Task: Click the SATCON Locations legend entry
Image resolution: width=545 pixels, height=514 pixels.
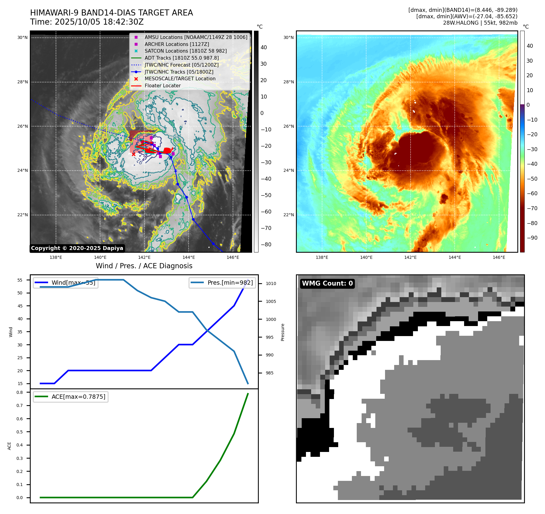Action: (186, 51)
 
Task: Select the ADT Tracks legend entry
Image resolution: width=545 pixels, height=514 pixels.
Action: (182, 58)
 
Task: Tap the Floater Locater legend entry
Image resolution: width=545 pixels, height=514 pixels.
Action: (162, 85)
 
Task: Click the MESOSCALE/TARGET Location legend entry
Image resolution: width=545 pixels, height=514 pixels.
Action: (180, 78)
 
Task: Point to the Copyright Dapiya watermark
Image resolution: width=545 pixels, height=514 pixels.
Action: (77, 248)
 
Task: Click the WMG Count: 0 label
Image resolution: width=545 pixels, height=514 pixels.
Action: (327, 283)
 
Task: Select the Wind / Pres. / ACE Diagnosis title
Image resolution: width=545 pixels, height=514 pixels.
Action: (144, 266)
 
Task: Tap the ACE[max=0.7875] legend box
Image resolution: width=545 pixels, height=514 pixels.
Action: (71, 397)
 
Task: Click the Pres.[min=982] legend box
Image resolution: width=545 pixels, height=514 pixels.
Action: (222, 283)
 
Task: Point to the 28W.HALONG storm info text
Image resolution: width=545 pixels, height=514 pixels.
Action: (480, 23)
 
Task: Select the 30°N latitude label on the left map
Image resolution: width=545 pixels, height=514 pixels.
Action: (23, 38)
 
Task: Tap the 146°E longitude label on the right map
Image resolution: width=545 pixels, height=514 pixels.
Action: (499, 258)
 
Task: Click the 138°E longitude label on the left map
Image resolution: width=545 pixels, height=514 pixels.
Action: (56, 258)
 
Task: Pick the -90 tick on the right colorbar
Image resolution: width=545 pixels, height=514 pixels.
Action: (532, 238)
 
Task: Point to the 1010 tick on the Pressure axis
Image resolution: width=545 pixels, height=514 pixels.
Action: (271, 283)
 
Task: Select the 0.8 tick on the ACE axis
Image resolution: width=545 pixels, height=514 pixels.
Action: (20, 392)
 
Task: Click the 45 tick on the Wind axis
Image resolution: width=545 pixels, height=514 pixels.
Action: (20, 306)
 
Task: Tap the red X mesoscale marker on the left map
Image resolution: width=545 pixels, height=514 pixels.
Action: (134, 155)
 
